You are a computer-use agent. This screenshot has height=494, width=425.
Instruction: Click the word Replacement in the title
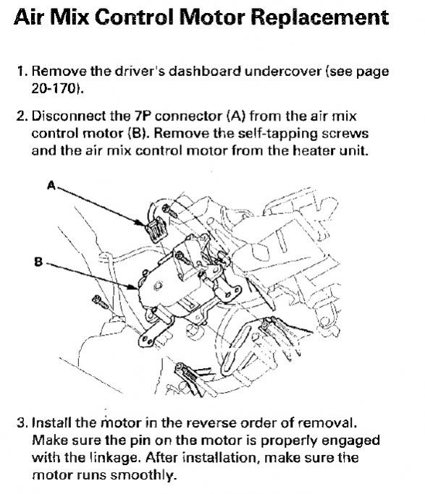319,17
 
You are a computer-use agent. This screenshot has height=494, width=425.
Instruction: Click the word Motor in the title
212,17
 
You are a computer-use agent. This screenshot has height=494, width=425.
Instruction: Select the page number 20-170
57,88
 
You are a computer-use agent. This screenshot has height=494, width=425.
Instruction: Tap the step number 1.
22,71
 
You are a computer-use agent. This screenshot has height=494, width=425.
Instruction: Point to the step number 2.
22,116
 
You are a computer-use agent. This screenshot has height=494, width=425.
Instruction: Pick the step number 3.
22,422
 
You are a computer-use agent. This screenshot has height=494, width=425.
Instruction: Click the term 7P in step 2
143,116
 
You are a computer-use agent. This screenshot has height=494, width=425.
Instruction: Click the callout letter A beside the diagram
51,185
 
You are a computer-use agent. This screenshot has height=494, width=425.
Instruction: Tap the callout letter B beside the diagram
38,262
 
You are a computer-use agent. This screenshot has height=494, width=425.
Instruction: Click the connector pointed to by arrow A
156,230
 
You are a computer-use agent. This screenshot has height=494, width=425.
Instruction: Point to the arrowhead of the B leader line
134,286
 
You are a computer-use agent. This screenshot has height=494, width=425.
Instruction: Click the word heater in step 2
314,150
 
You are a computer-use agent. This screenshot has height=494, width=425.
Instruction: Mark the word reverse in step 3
211,423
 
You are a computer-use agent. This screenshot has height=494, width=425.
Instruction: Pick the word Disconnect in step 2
69,116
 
